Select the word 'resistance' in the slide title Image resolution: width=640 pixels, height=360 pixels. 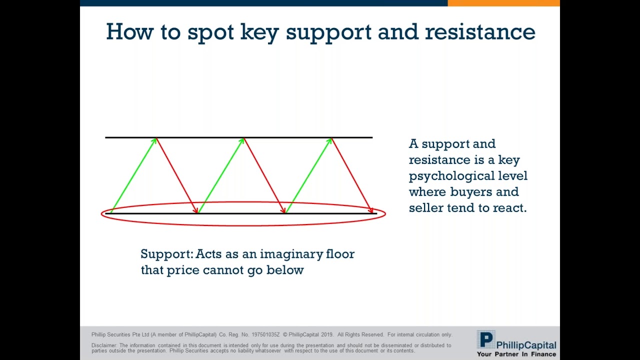pyautogui.click(x=480, y=31)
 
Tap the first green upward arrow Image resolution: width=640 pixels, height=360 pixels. pyautogui.click(x=133, y=175)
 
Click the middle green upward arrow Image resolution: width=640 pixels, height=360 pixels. pyautogui.click(x=220, y=175)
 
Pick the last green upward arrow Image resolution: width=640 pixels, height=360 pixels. pyautogui.click(x=308, y=175)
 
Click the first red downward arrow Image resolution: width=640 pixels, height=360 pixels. pyautogui.click(x=177, y=175)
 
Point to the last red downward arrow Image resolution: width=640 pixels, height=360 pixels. pyautogui.click(x=352, y=175)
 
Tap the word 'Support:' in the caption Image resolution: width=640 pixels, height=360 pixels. pyautogui.click(x=166, y=254)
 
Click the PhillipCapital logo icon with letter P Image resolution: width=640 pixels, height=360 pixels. pyautogui.click(x=485, y=340)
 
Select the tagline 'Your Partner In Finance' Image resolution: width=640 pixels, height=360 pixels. pyautogui.click(x=516, y=354)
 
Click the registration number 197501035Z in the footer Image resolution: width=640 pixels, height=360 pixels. pyautogui.click(x=265, y=334)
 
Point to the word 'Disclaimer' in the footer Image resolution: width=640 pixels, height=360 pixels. pyautogui.click(x=103, y=345)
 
